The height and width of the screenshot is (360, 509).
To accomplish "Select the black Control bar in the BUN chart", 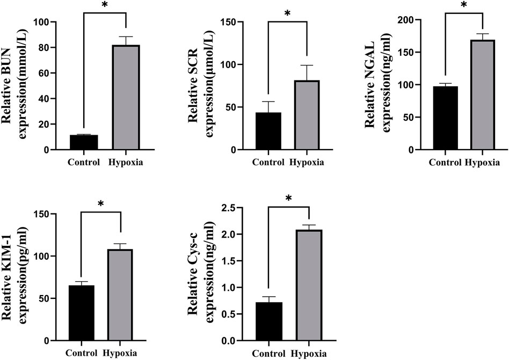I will (84, 143).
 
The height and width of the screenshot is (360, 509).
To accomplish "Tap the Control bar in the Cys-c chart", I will (268, 322).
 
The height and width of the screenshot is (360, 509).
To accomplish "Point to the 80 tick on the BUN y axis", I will (43, 48).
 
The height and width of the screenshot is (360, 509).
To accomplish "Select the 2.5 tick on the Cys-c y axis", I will (228, 208).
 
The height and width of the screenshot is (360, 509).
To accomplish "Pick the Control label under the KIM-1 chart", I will (82, 353).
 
